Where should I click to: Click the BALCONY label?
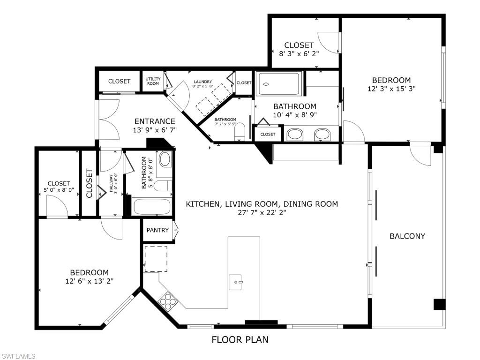click(x=407, y=236)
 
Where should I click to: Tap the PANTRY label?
click(x=157, y=230)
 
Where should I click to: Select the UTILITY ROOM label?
click(x=153, y=81)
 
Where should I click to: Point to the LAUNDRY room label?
click(x=202, y=82)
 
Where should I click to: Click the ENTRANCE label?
click(x=155, y=121)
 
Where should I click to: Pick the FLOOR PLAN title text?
click(x=240, y=339)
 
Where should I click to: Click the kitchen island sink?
click(x=236, y=282)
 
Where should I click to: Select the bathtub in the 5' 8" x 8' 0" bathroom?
click(x=152, y=207)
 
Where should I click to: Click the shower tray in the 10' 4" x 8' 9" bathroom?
click(x=279, y=83)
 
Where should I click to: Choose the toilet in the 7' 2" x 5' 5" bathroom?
click(x=240, y=132)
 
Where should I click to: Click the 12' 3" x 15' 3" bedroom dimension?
click(x=391, y=89)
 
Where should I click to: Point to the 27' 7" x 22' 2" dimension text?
click(x=262, y=212)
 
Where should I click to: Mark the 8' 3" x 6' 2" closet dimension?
click(x=299, y=53)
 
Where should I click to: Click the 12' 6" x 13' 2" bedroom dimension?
click(x=90, y=281)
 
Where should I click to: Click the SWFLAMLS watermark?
click(x=18, y=356)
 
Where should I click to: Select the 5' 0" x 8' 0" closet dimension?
click(x=59, y=190)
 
